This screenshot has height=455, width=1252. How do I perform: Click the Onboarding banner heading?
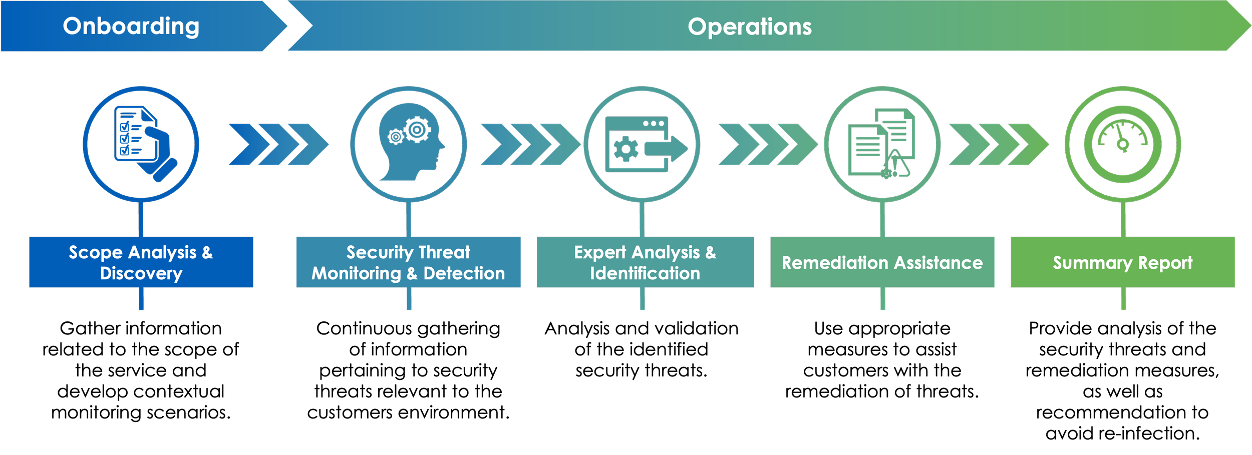(x=131, y=26)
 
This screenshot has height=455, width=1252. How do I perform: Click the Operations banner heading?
(x=749, y=27)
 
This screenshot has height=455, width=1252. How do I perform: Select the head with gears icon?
(x=410, y=143)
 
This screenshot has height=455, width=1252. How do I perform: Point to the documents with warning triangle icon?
(x=881, y=144)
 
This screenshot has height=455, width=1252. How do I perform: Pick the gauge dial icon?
(x=1123, y=144)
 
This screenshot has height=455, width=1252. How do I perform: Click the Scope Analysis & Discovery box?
(x=141, y=262)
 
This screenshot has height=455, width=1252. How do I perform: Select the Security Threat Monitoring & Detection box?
(x=408, y=262)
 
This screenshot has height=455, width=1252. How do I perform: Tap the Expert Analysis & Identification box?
(x=645, y=262)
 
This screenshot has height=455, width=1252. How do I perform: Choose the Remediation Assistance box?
(x=882, y=262)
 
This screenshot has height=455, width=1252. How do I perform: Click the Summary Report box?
(x=1123, y=262)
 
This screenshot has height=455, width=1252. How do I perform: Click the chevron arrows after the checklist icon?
(x=278, y=145)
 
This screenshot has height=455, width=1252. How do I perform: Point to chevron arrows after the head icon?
(x=530, y=145)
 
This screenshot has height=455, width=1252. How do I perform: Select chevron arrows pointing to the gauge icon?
(x=998, y=145)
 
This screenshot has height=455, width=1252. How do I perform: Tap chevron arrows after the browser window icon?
(x=767, y=145)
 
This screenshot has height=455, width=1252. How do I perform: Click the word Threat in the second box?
(x=444, y=252)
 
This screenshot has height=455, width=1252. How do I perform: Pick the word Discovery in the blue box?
(x=141, y=273)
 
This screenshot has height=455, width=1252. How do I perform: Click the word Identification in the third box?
(x=645, y=273)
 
